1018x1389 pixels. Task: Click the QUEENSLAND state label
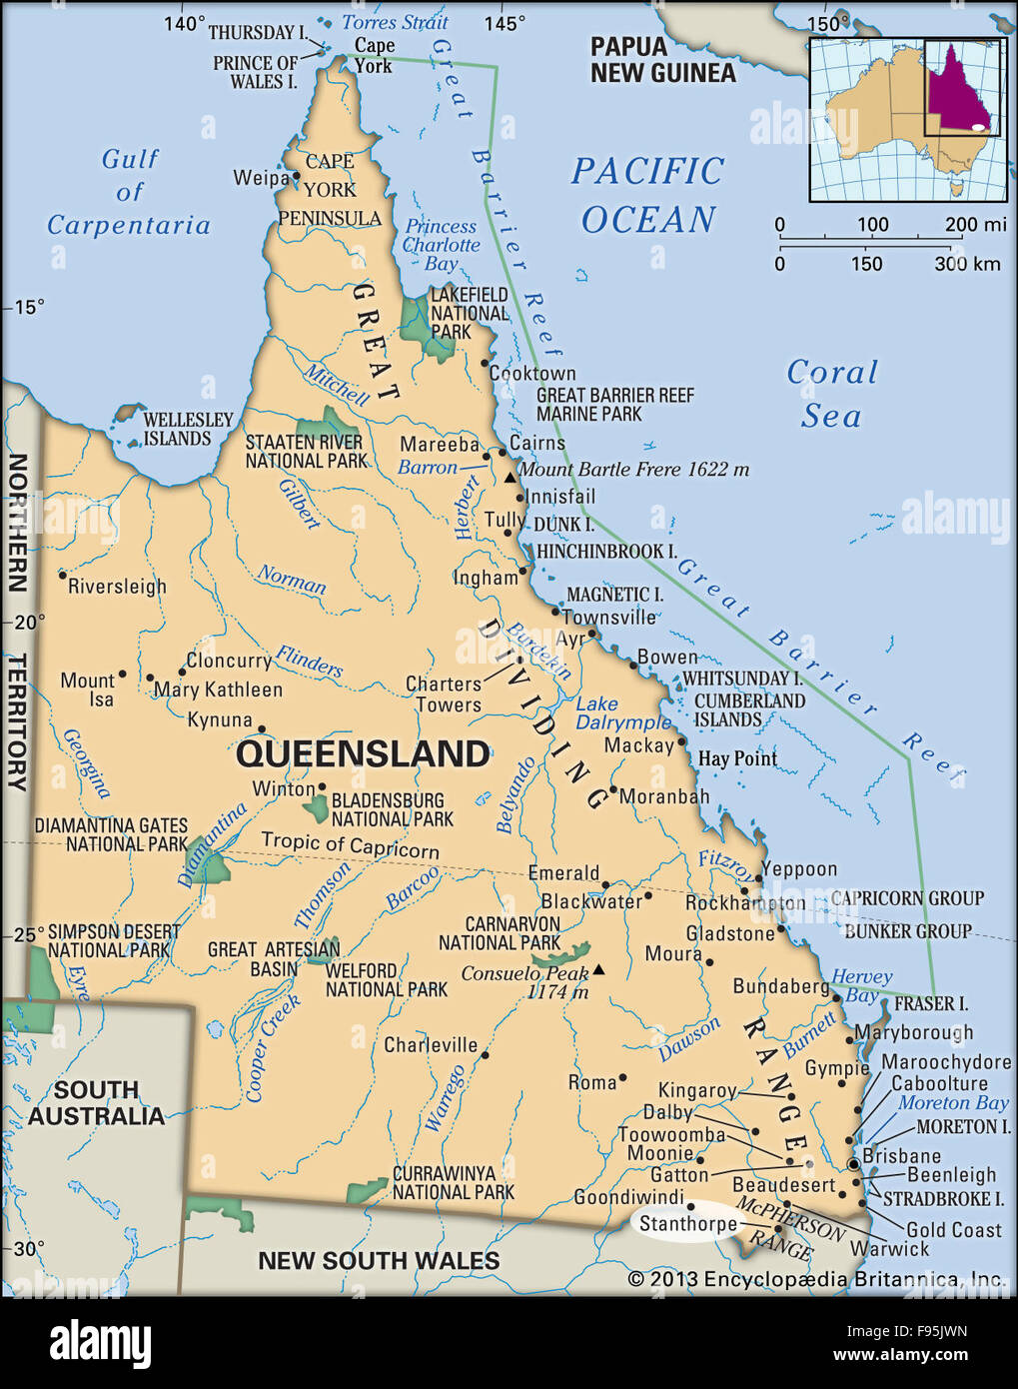point(363,753)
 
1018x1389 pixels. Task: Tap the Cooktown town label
point(531,373)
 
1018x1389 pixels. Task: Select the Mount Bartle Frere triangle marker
point(510,478)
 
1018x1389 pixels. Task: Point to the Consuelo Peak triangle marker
point(598,969)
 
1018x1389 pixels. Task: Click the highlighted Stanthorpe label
point(687,1224)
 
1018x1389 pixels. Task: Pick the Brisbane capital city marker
point(853,1165)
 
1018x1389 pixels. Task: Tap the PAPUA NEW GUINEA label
point(662,59)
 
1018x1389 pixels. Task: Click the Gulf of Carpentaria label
point(129,192)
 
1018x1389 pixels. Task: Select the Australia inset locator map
point(906,119)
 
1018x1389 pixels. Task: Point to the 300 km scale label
point(966,264)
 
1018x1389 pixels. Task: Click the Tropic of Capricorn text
point(350,845)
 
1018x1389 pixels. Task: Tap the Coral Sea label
point(831,393)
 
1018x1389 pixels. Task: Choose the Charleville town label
point(431,1045)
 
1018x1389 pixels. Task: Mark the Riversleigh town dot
point(62,575)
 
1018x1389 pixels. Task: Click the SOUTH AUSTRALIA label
point(96,1103)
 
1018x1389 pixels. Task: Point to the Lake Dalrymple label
point(623,713)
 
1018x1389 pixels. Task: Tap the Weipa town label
point(261,178)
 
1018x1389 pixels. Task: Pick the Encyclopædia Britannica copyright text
point(815,1279)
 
